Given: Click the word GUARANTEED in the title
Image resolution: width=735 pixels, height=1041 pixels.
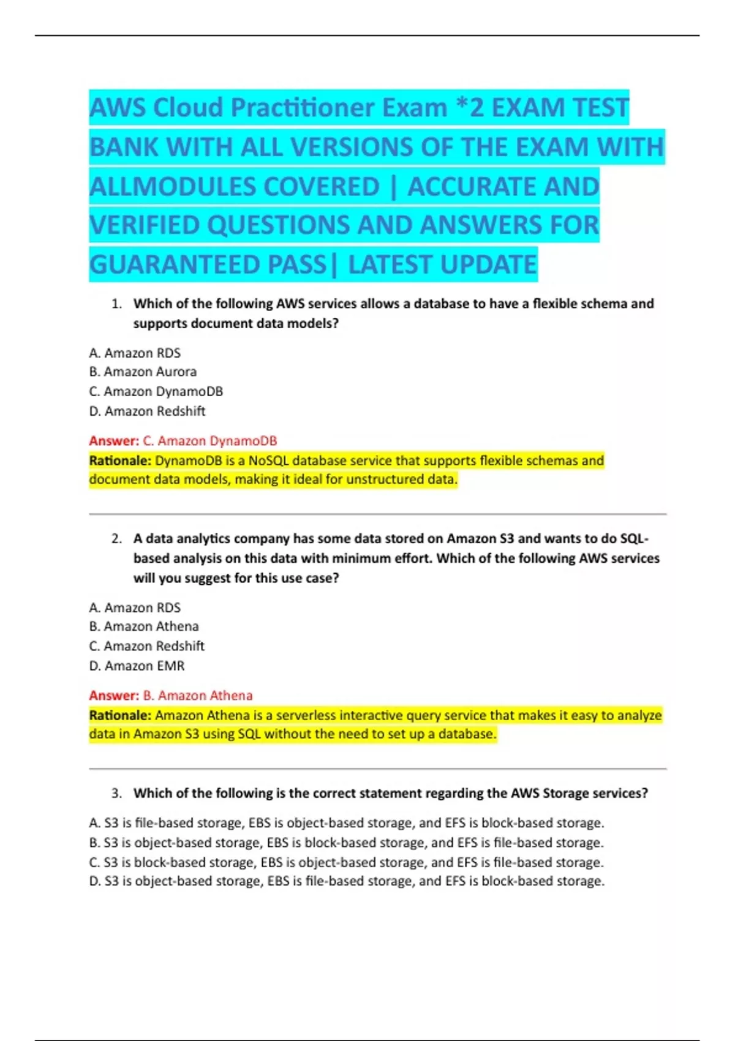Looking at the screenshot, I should (x=176, y=265).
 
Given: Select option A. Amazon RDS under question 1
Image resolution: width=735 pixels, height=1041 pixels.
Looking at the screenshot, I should (x=135, y=353).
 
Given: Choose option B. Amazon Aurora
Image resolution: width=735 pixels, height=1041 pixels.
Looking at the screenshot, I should (x=143, y=372).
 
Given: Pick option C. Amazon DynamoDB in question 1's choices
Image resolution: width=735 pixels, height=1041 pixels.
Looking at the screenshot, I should (x=156, y=391).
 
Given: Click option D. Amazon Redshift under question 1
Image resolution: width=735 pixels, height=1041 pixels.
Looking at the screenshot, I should (x=147, y=411).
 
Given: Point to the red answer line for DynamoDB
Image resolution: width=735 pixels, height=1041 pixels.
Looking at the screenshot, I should (x=183, y=441).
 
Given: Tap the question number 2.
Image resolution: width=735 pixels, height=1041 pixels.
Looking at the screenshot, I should (x=117, y=539).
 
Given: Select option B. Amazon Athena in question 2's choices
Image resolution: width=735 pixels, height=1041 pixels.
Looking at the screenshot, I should (x=144, y=626).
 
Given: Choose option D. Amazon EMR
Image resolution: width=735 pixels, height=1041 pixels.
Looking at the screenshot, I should (x=137, y=666).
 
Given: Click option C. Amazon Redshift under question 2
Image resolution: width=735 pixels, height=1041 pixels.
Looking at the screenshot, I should (x=147, y=646).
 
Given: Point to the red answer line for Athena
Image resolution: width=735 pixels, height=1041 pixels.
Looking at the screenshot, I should (x=170, y=696).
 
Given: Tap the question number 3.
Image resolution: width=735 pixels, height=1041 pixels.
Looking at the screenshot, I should (x=117, y=794).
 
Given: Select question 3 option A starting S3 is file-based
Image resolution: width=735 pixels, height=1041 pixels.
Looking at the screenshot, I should (x=346, y=823).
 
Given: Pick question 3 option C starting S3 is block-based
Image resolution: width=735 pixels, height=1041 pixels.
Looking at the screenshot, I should (x=346, y=862).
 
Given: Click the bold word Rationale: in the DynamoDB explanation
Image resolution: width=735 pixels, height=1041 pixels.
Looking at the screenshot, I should (x=120, y=460).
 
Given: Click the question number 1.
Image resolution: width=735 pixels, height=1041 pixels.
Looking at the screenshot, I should (x=117, y=304).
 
